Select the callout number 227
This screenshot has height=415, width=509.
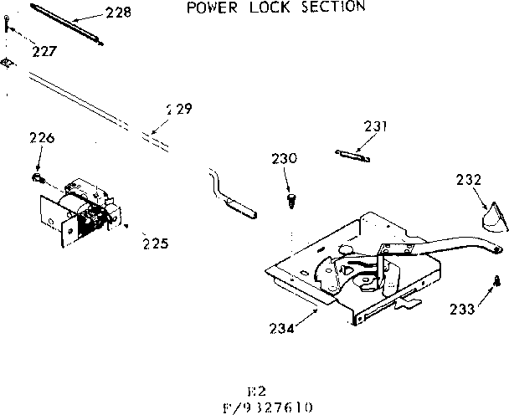[44, 50]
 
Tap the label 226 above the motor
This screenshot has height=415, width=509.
[42, 138]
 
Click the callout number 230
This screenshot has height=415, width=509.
[284, 158]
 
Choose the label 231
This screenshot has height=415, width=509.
[376, 126]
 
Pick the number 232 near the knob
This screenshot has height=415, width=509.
[469, 178]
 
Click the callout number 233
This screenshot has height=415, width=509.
[461, 309]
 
